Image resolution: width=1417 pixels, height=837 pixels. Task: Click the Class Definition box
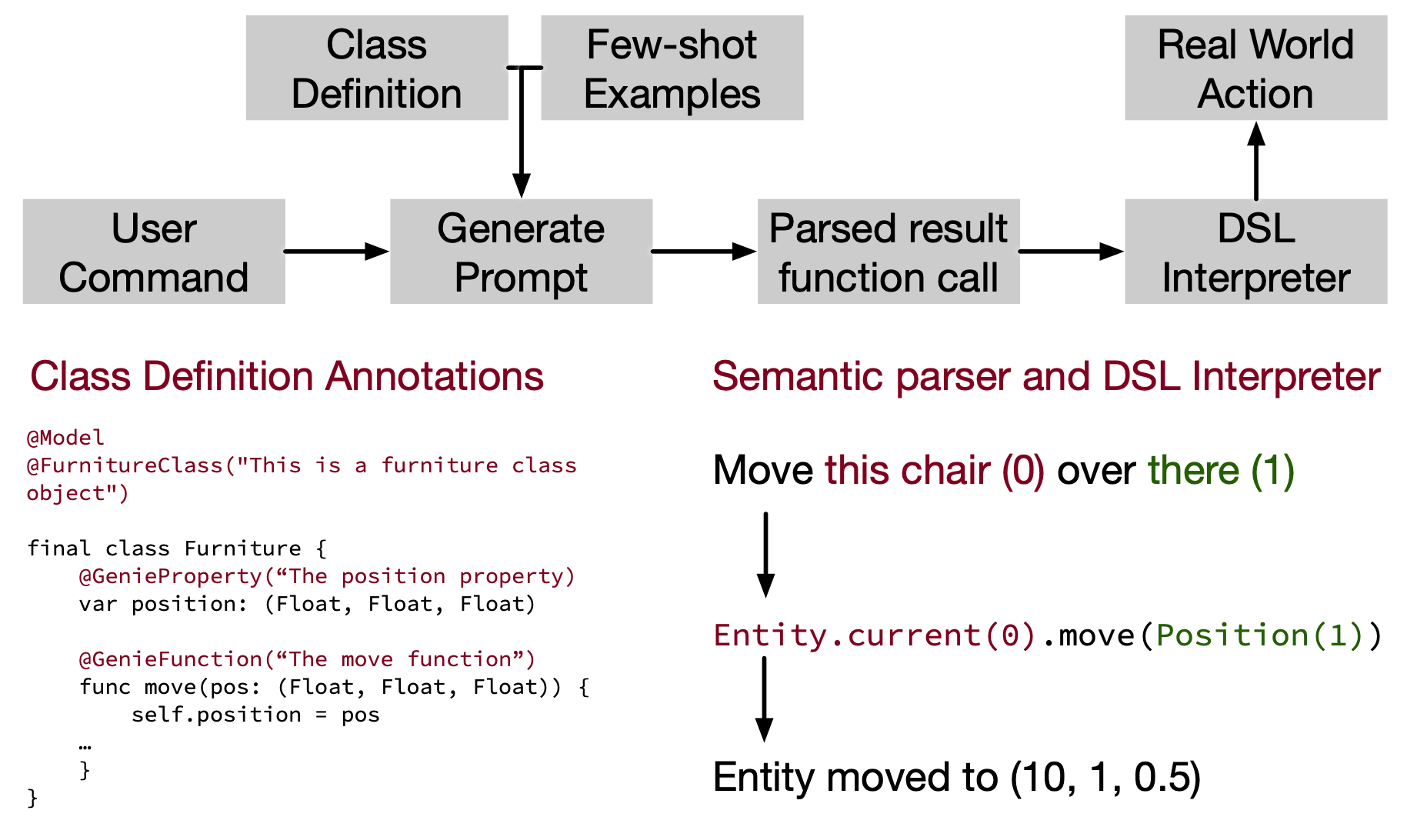pos(377,68)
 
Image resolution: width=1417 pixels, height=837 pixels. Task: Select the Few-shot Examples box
pos(672,68)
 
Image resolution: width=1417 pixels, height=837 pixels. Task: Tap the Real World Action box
pos(1256,68)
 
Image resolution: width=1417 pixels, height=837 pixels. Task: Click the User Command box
pos(154,252)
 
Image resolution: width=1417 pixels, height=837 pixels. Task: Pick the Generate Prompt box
pos(522,252)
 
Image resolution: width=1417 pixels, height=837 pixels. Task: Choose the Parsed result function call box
pos(889,252)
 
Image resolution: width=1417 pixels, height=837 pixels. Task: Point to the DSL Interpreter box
pos(1256,252)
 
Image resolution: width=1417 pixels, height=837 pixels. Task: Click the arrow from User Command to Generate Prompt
pos(337,252)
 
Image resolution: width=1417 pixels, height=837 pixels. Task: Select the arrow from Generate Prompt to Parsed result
pos(705,252)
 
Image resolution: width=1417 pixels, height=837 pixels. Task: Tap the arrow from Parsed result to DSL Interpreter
pos(1072,252)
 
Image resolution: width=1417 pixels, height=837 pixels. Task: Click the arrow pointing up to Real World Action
pos(1256,160)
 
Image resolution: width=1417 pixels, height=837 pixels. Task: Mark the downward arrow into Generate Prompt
pos(522,132)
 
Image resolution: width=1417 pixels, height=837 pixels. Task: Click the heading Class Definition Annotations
pos(287,376)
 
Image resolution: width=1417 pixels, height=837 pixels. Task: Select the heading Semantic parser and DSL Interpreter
pos(1046,376)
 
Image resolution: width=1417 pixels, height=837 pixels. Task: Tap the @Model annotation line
pos(65,438)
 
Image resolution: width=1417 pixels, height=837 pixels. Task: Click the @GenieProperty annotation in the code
pos(327,576)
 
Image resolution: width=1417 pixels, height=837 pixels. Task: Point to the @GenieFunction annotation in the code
pos(307,659)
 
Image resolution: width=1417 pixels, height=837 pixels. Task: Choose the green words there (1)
pos(1222,470)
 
